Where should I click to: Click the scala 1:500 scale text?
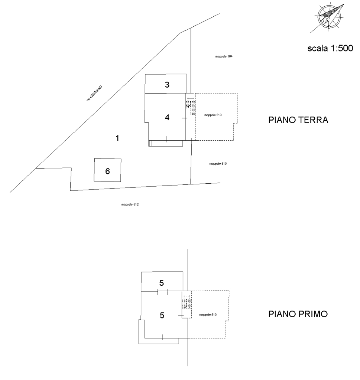click(x=330, y=48)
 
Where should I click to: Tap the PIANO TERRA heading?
click(x=298, y=120)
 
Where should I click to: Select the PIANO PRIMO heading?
click(x=298, y=314)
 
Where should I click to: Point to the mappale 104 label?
click(x=224, y=56)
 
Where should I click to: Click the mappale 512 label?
click(x=130, y=204)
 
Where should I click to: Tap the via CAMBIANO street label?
click(x=94, y=93)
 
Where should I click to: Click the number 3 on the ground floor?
click(x=167, y=85)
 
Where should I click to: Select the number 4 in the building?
click(x=167, y=118)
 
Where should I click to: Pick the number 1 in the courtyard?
click(x=117, y=138)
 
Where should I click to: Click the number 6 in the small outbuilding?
click(x=107, y=171)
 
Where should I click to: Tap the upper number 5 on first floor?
click(x=162, y=283)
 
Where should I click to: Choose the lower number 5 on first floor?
click(x=162, y=315)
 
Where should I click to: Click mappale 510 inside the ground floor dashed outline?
click(x=213, y=115)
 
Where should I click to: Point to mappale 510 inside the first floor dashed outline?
click(x=208, y=315)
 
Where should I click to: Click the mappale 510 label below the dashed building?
click(x=218, y=164)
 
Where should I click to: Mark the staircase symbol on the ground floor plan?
click(x=191, y=106)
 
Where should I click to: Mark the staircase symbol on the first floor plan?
click(x=187, y=302)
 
